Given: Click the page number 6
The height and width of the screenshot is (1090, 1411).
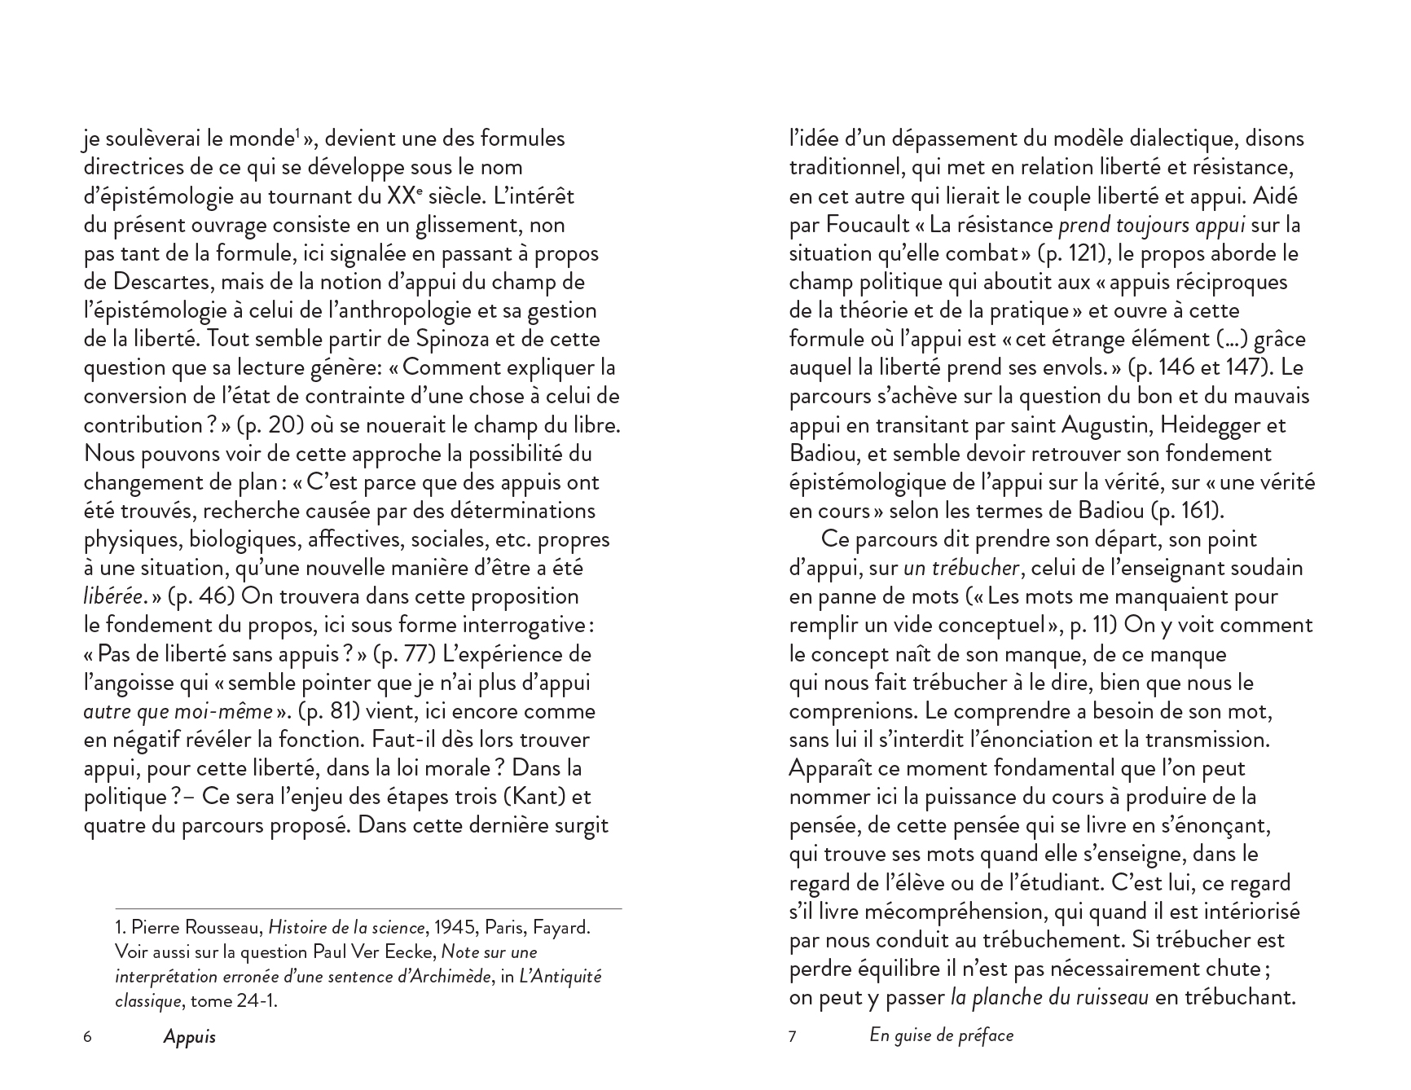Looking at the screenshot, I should tap(88, 1037).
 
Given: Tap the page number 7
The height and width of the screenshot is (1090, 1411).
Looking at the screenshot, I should tap(793, 1037).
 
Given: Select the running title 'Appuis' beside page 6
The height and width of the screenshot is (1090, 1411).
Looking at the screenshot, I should tap(189, 1037).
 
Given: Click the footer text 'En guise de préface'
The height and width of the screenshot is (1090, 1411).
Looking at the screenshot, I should tap(941, 1035).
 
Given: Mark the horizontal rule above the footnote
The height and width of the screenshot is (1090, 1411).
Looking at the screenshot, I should tap(368, 908).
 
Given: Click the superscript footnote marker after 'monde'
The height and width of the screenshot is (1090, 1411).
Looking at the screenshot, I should tap(297, 133).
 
